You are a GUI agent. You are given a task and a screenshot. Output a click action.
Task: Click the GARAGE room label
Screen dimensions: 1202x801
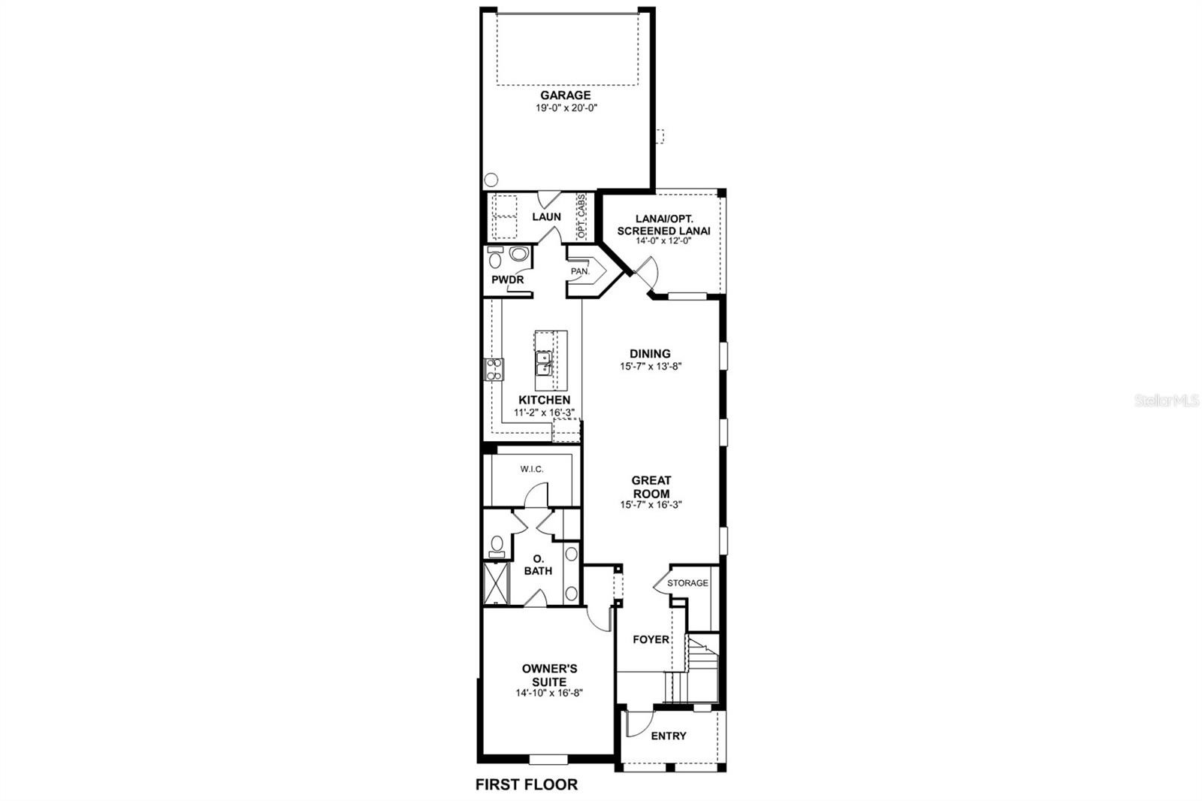pyautogui.click(x=566, y=95)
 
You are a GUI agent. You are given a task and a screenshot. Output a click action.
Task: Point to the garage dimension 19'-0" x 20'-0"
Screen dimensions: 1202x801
pyautogui.click(x=566, y=108)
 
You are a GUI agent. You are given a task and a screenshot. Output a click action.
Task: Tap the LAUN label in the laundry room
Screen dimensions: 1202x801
pyautogui.click(x=546, y=216)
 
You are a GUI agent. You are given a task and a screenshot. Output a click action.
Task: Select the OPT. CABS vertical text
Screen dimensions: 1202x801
pyautogui.click(x=581, y=216)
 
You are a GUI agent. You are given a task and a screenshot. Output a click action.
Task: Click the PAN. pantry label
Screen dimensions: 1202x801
pyautogui.click(x=580, y=272)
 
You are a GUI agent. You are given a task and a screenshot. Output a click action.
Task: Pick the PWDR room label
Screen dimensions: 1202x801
pyautogui.click(x=508, y=280)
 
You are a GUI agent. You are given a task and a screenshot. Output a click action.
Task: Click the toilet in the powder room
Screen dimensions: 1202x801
pyautogui.click(x=495, y=258)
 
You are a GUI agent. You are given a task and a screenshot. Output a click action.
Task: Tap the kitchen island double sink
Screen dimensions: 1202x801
pyautogui.click(x=544, y=364)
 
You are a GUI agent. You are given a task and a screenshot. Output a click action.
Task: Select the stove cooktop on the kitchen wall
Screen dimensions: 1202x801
pyautogui.click(x=494, y=370)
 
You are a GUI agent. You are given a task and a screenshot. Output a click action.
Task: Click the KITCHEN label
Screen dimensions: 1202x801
pyautogui.click(x=544, y=400)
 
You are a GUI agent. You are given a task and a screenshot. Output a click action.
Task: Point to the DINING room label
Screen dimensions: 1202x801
pyautogui.click(x=650, y=354)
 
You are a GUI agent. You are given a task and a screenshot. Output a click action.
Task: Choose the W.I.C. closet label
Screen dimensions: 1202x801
pyautogui.click(x=532, y=469)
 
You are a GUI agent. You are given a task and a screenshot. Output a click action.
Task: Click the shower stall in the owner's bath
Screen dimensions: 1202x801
pyautogui.click(x=496, y=583)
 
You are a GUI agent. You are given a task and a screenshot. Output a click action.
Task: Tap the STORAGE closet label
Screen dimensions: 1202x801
pyautogui.click(x=687, y=583)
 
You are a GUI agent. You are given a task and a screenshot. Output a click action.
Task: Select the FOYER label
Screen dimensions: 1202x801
pyautogui.click(x=651, y=639)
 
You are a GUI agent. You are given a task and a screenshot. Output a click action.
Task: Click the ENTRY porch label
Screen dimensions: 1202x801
pyautogui.click(x=669, y=736)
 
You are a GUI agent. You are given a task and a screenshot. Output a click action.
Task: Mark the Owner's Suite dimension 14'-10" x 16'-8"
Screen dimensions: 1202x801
pyautogui.click(x=549, y=693)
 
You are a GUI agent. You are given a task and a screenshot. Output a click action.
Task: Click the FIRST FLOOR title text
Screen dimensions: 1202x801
pyautogui.click(x=527, y=784)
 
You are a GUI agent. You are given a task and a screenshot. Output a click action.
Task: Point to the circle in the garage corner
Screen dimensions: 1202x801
pyautogui.click(x=491, y=180)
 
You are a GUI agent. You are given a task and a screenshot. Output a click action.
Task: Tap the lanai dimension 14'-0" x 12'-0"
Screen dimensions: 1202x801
pyautogui.click(x=664, y=241)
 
